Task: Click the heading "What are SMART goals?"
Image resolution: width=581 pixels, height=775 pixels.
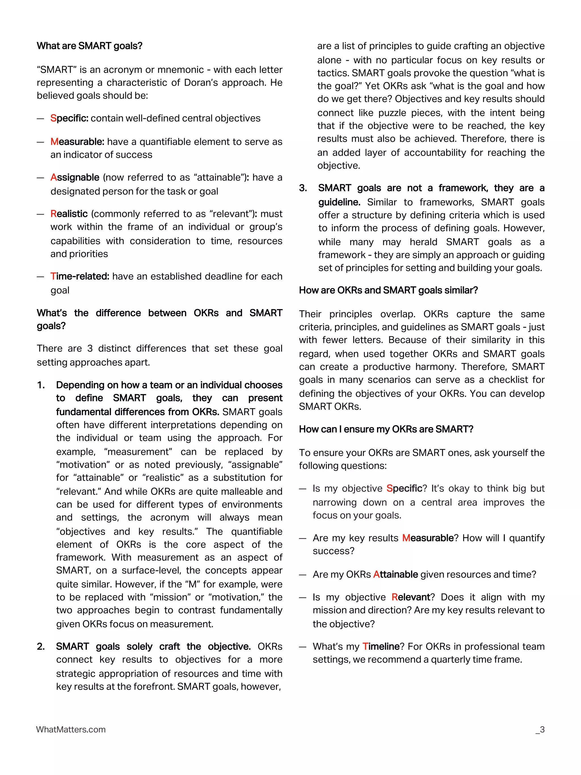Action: pyautogui.click(x=89, y=46)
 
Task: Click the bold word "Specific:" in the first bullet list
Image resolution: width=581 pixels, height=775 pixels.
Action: pyautogui.click(x=69, y=118)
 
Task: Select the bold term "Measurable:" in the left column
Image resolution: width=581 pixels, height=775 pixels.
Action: pyautogui.click(x=77, y=142)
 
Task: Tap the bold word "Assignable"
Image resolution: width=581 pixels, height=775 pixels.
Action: pyautogui.click(x=75, y=177)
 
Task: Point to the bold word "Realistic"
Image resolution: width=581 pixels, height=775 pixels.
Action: pyautogui.click(x=69, y=214)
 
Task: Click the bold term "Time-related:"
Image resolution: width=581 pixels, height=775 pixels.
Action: pyautogui.click(x=80, y=276)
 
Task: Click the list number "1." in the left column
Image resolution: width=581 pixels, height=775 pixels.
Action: pyautogui.click(x=41, y=385)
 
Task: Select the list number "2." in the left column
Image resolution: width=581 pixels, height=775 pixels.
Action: pyautogui.click(x=41, y=646)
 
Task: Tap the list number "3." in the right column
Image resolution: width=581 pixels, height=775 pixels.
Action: pyautogui.click(x=303, y=188)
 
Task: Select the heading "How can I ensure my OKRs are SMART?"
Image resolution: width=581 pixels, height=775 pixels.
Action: pyautogui.click(x=386, y=429)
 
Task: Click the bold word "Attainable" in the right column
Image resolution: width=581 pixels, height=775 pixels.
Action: pyautogui.click(x=395, y=575)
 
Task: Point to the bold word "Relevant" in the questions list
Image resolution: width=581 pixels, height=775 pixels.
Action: pyautogui.click(x=411, y=597)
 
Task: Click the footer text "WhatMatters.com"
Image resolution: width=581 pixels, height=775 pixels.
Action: pyautogui.click(x=71, y=729)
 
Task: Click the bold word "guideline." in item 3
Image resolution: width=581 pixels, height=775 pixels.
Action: pyautogui.click(x=339, y=202)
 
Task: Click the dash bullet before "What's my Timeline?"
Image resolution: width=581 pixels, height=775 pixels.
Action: pyautogui.click(x=303, y=647)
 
